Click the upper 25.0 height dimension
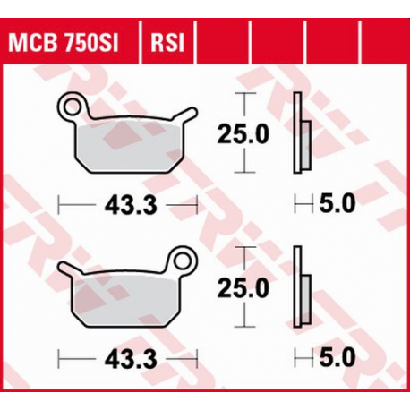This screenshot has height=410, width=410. point(243,134)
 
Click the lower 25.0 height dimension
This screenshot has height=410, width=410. point(243,288)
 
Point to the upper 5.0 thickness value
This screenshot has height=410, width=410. point(337,205)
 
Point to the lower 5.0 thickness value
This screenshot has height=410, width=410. point(337,357)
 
